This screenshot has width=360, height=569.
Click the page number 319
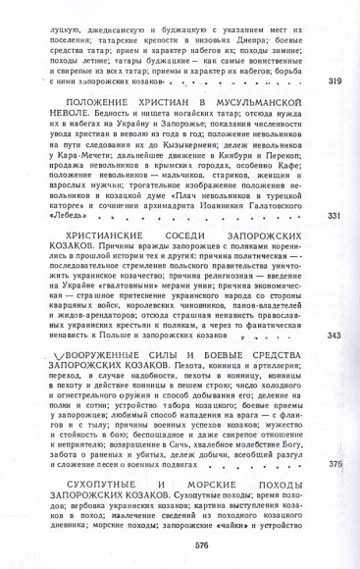334,79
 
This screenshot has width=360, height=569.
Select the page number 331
334,242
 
